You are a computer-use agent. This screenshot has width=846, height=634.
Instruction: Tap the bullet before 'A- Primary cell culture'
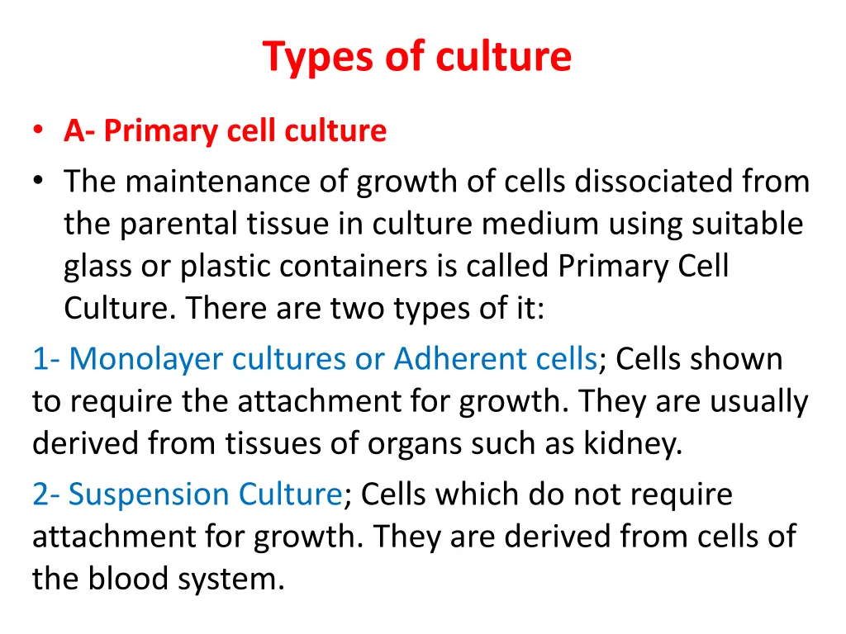pyautogui.click(x=39, y=130)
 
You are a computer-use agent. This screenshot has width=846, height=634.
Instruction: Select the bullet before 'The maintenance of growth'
pyautogui.click(x=39, y=182)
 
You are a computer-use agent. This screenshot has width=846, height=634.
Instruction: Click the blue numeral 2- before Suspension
pyautogui.click(x=45, y=495)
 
